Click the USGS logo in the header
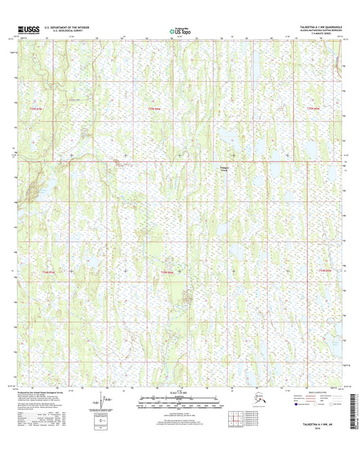pos(26,30)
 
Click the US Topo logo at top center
pos(180,30)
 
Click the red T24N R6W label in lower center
pos(166,272)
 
